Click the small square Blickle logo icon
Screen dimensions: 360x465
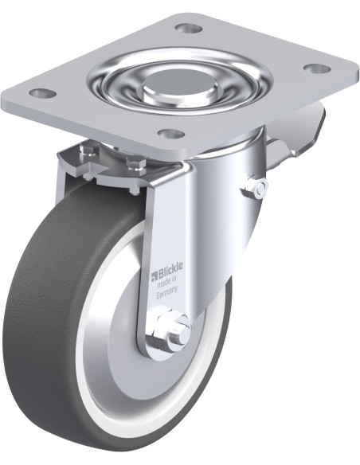(154, 275)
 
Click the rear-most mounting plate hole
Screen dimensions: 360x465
(189, 28)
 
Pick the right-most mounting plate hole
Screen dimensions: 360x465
(317, 68)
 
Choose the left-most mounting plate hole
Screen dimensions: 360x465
(42, 93)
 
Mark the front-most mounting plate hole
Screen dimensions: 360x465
(171, 135)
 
